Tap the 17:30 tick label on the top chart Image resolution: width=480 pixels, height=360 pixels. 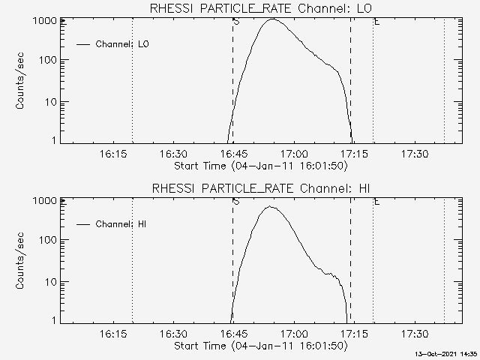415,154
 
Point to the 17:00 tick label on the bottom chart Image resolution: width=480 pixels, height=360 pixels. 294,334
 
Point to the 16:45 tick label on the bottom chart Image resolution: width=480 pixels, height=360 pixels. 234,334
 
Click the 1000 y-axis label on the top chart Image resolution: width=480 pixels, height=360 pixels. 43,21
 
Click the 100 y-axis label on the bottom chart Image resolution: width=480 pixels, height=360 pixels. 46,241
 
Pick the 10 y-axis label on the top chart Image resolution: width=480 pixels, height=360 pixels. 49,102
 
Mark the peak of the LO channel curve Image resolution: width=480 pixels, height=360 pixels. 271,19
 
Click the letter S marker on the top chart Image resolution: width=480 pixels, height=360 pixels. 237,22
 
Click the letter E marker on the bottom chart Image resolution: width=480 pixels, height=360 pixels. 376,202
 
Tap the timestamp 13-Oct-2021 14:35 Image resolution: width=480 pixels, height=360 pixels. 448,353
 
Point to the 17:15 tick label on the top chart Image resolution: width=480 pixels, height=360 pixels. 354,154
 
